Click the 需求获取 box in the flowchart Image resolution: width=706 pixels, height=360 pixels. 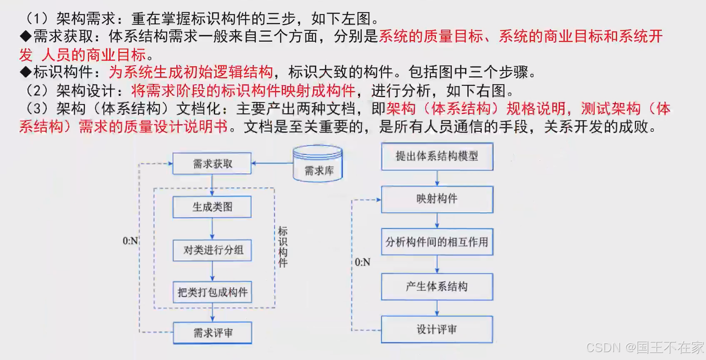[212, 163]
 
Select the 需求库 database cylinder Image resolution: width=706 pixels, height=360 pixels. [318, 164]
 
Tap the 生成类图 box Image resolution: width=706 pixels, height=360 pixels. [212, 207]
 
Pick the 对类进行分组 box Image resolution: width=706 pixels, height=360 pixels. [213, 250]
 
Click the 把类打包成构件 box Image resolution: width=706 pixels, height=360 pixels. [213, 292]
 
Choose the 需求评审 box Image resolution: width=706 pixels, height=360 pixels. [213, 332]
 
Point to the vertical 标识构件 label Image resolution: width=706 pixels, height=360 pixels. [283, 247]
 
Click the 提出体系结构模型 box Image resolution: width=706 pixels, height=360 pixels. [437, 156]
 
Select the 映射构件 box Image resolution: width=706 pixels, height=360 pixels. [437, 199]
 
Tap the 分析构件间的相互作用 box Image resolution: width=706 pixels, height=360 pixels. [437, 242]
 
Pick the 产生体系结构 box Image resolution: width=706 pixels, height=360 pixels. [437, 287]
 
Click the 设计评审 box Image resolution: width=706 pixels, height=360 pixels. [437, 330]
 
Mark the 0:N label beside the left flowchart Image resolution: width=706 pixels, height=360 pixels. [130, 241]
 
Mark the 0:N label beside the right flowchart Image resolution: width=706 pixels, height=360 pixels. [362, 262]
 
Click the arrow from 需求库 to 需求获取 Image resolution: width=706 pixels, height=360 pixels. [273, 163]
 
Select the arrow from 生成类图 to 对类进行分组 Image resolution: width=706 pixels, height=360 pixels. [212, 228]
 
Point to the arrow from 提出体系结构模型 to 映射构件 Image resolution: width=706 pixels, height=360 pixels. [437, 178]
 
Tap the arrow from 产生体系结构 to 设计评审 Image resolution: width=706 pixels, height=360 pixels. [437, 308]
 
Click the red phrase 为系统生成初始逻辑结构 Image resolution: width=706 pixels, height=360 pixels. [191, 72]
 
